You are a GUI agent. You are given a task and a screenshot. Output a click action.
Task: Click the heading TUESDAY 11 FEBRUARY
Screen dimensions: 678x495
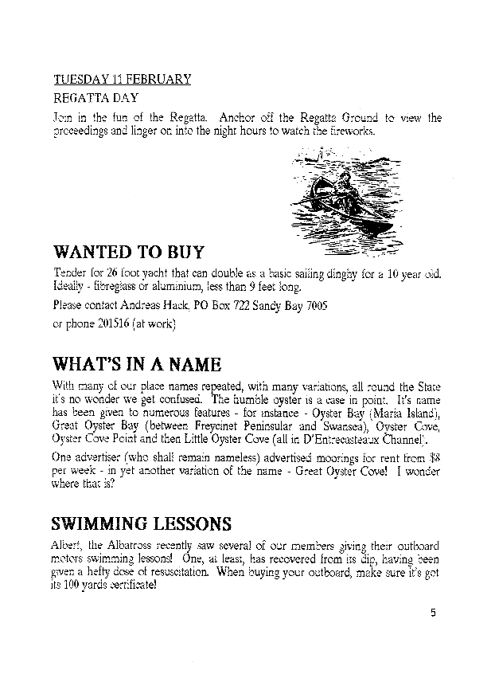122,79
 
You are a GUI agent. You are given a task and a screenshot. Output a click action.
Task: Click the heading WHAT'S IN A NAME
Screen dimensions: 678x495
136,364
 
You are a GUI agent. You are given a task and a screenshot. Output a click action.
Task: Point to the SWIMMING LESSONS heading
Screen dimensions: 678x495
142,523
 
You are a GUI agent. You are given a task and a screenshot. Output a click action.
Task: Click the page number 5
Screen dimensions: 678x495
433,613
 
